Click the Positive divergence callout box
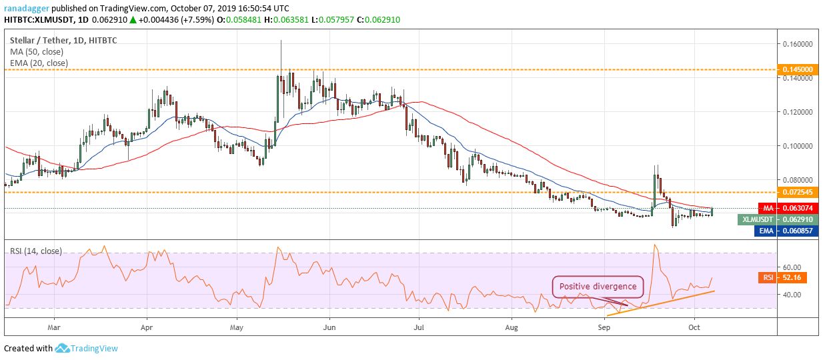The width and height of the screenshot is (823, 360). [x=597, y=287]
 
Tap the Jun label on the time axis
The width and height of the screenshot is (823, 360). [x=328, y=327]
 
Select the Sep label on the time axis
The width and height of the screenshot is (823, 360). [x=604, y=327]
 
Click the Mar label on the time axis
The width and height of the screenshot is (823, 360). [x=55, y=327]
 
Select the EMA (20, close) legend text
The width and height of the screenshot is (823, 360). [x=39, y=63]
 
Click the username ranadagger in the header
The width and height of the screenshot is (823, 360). [x=26, y=9]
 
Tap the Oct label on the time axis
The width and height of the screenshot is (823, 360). [x=694, y=327]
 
